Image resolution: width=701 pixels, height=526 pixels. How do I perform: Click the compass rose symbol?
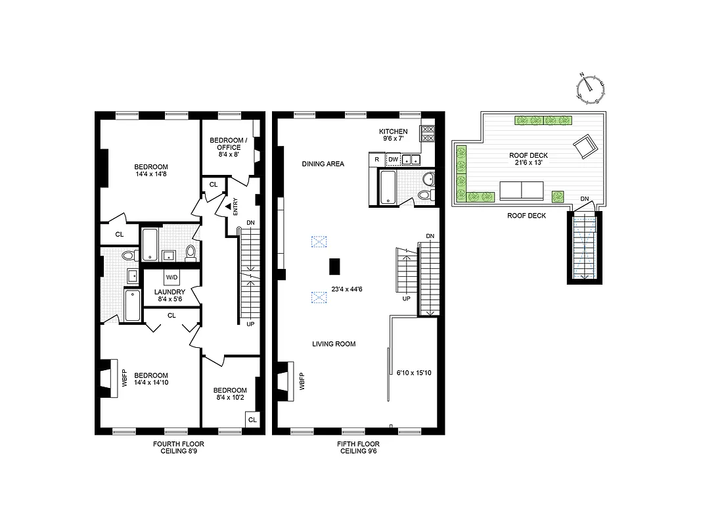click(x=590, y=89)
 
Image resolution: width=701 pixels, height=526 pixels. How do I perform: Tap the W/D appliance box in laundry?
click(x=172, y=277)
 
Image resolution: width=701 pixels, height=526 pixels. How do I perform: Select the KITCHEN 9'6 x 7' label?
click(x=394, y=135)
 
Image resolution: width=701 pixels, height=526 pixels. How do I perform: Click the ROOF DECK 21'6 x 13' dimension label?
click(x=528, y=159)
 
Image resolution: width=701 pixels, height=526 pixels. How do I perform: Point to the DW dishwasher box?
click(x=393, y=159)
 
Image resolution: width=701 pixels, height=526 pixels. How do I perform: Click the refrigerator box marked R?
click(x=377, y=159)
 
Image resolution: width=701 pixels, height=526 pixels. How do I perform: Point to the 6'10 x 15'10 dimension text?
click(x=414, y=373)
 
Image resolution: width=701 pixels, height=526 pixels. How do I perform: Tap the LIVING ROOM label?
click(x=334, y=344)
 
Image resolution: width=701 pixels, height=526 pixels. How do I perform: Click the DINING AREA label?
click(x=323, y=164)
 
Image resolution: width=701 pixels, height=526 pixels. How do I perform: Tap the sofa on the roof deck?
click(x=521, y=191)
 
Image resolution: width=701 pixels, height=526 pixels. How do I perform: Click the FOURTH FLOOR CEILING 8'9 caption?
click(x=175, y=448)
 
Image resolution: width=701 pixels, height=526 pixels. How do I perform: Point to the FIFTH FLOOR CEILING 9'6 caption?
click(x=358, y=448)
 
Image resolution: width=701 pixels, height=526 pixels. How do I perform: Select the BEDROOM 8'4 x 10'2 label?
click(x=230, y=394)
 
